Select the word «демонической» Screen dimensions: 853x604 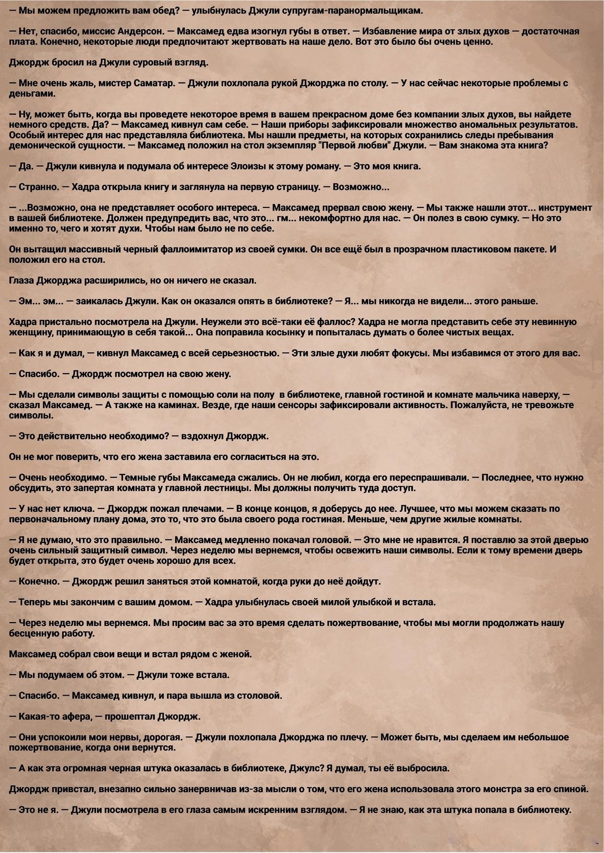[x=40, y=145]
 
